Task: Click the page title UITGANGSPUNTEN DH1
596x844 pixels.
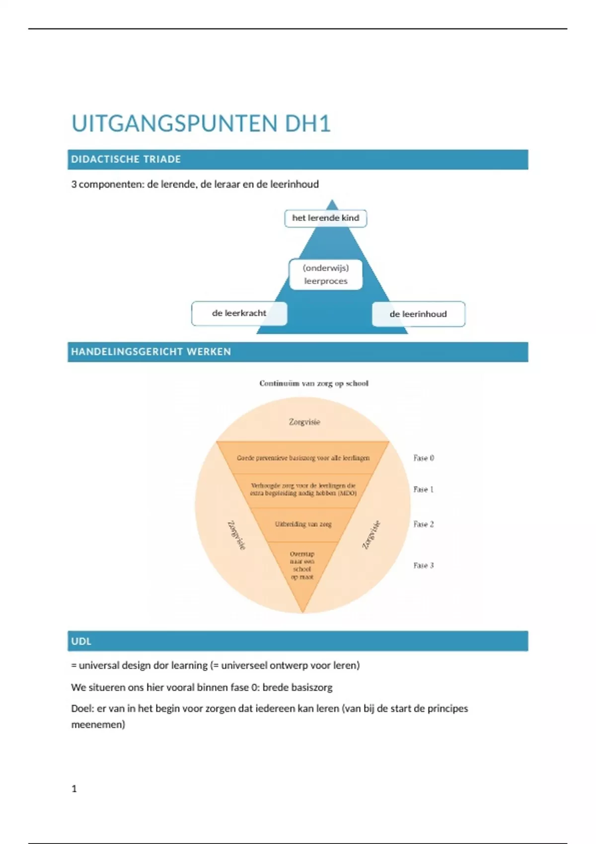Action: pyautogui.click(x=201, y=124)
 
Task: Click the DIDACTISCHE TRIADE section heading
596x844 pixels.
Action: pyautogui.click(x=126, y=159)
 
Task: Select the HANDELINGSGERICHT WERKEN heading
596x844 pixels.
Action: pyautogui.click(x=151, y=352)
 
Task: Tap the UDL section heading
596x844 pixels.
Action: pyautogui.click(x=81, y=641)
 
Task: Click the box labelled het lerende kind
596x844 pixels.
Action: pyautogui.click(x=325, y=218)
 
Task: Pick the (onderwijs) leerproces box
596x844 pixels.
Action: pyautogui.click(x=326, y=275)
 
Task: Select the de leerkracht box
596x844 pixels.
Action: pyautogui.click(x=239, y=313)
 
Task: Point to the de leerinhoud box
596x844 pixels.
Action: pyautogui.click(x=418, y=314)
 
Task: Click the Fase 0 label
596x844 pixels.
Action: pyautogui.click(x=424, y=458)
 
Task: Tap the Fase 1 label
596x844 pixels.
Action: pyautogui.click(x=424, y=490)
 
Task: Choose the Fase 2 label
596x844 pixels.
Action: pyautogui.click(x=424, y=524)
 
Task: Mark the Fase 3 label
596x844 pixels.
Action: pyautogui.click(x=424, y=565)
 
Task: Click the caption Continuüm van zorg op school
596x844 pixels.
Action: pyautogui.click(x=314, y=383)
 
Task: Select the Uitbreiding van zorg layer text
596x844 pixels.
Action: pyautogui.click(x=303, y=524)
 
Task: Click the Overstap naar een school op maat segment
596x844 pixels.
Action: pyautogui.click(x=302, y=565)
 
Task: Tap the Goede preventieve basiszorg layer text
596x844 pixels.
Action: pyautogui.click(x=303, y=458)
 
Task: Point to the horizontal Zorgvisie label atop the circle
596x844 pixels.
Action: pyautogui.click(x=304, y=422)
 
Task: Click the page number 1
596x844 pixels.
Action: pyautogui.click(x=74, y=789)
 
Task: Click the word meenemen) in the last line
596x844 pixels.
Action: pyautogui.click(x=98, y=725)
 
